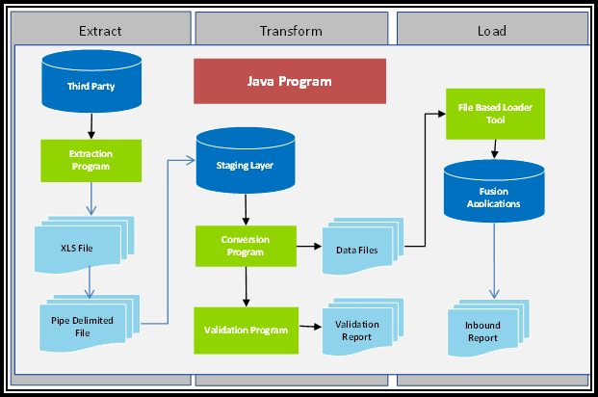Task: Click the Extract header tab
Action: tap(100, 30)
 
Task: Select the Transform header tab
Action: tap(291, 30)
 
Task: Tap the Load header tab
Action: tap(491, 30)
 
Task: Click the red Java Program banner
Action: tap(290, 82)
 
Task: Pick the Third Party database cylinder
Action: tap(90, 84)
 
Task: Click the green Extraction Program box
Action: tap(91, 160)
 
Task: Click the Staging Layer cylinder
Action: tap(245, 162)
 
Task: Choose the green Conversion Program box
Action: tap(245, 247)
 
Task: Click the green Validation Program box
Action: tap(246, 330)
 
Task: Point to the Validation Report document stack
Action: tap(357, 331)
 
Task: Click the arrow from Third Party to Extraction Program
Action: tap(91, 125)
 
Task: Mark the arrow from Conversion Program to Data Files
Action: tap(308, 247)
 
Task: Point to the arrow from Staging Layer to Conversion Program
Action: tap(245, 210)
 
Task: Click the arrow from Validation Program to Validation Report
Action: tap(309, 328)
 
